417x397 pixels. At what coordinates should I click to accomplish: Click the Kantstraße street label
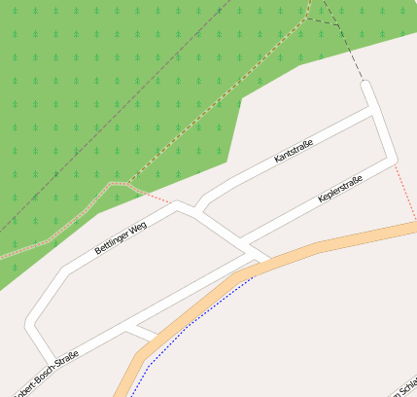294,151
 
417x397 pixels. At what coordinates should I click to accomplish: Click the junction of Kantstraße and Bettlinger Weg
199,206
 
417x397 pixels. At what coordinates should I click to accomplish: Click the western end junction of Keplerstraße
243,239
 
